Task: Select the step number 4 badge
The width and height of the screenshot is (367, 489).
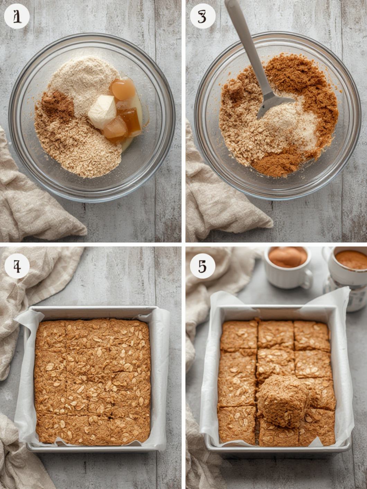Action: click(x=17, y=267)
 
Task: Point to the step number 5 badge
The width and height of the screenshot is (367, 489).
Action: click(x=203, y=267)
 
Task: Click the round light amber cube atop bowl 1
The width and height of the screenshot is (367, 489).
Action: click(x=123, y=89)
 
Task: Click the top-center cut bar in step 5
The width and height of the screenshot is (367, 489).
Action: click(x=276, y=335)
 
